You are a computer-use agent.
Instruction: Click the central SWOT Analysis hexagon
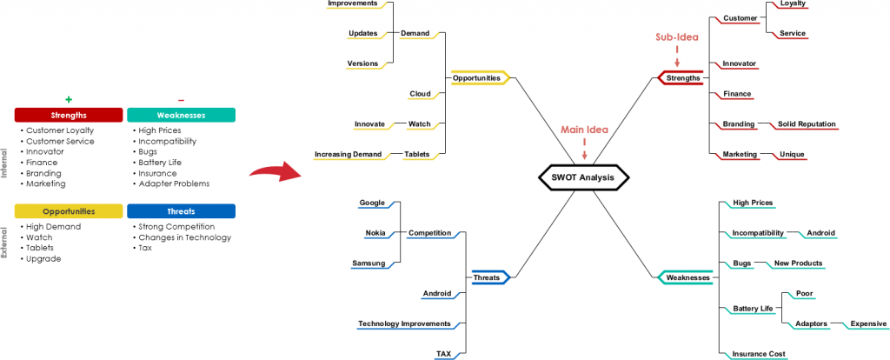pyautogui.click(x=582, y=178)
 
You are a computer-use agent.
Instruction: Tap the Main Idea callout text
pyautogui.click(x=583, y=130)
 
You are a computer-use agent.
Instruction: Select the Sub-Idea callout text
pyautogui.click(x=676, y=37)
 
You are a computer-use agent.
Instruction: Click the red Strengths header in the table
pyautogui.click(x=69, y=115)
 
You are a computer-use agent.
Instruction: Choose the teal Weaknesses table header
pyautogui.click(x=181, y=115)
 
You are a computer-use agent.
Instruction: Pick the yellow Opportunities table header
pyautogui.click(x=69, y=211)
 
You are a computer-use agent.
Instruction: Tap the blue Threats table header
pyautogui.click(x=181, y=211)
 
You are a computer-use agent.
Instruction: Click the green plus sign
pyautogui.click(x=68, y=99)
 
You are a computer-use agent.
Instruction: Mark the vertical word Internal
pyautogui.click(x=4, y=162)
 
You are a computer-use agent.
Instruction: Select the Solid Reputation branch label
pyautogui.click(x=806, y=124)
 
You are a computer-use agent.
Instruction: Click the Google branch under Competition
pyautogui.click(x=372, y=203)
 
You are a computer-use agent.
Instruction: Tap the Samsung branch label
pyautogui.click(x=369, y=263)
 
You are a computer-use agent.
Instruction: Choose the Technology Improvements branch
pyautogui.click(x=404, y=323)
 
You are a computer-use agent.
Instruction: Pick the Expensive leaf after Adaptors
pyautogui.click(x=867, y=323)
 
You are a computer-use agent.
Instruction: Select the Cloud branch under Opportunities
pyautogui.click(x=420, y=94)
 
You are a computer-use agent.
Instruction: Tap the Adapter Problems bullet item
pyautogui.click(x=173, y=183)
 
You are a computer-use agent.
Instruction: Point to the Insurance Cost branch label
pyautogui.click(x=759, y=354)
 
